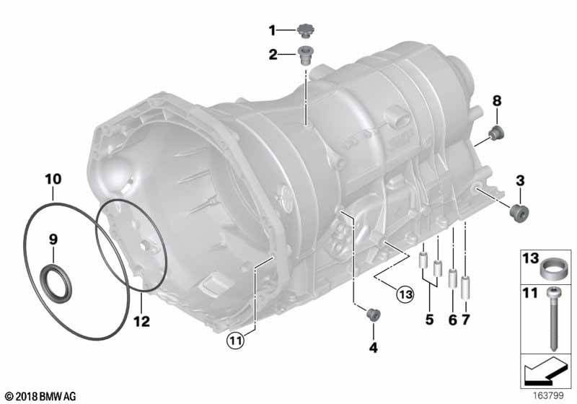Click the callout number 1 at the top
pyautogui.click(x=273, y=30)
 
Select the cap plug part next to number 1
pyautogui.click(x=306, y=31)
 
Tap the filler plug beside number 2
pyautogui.click(x=305, y=55)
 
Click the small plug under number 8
pyautogui.click(x=496, y=133)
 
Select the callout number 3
pyautogui.click(x=519, y=180)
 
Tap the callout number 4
pyautogui.click(x=373, y=348)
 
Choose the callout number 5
pyautogui.click(x=429, y=319)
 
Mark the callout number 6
pyautogui.click(x=452, y=319)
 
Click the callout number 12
pyautogui.click(x=141, y=321)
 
